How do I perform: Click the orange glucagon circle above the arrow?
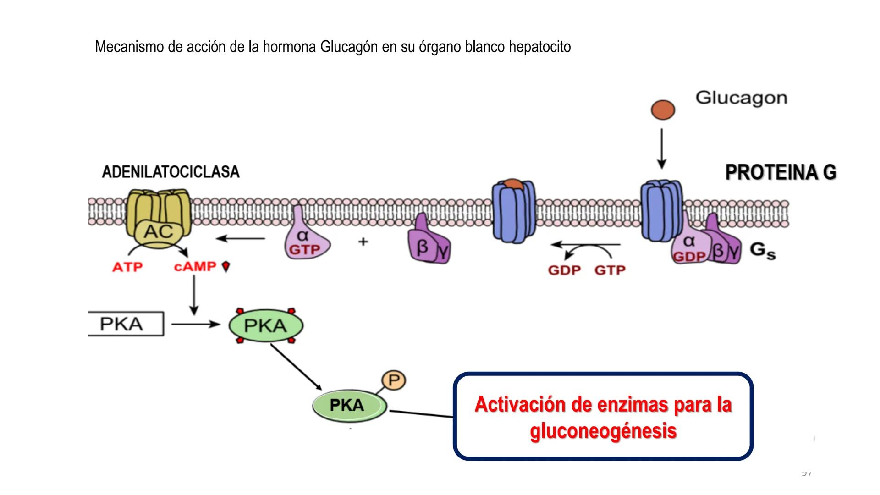pos(663,110)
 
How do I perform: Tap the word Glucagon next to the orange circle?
pos(741,98)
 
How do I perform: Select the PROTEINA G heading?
pos(781,173)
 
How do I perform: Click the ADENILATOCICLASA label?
pos(170,172)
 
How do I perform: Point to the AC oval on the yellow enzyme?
pos(159,232)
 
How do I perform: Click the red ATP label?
pos(127,267)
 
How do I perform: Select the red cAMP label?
pos(195,266)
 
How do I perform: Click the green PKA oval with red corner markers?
pos(266,326)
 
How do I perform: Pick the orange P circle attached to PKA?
pos(394,380)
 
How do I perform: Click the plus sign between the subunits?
pos(363,241)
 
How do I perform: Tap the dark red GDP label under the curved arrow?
pos(564,270)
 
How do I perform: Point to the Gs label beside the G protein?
pos(762,251)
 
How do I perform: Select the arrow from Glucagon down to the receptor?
pos(661,149)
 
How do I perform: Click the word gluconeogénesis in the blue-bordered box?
pos(603,431)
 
